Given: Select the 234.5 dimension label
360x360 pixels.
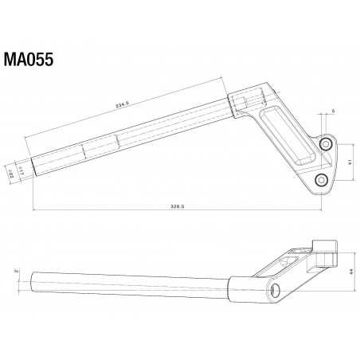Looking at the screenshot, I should point(123,104).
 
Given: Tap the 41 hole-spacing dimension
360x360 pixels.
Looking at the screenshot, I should point(350,162).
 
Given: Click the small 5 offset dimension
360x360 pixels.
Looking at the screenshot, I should point(333,110).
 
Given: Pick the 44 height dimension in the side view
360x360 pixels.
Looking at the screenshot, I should point(350,272).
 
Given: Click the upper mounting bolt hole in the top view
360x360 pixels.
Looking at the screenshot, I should point(327,144).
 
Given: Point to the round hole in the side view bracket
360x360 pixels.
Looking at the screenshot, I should point(276,289).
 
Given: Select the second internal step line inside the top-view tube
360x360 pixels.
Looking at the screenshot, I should point(117,142).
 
